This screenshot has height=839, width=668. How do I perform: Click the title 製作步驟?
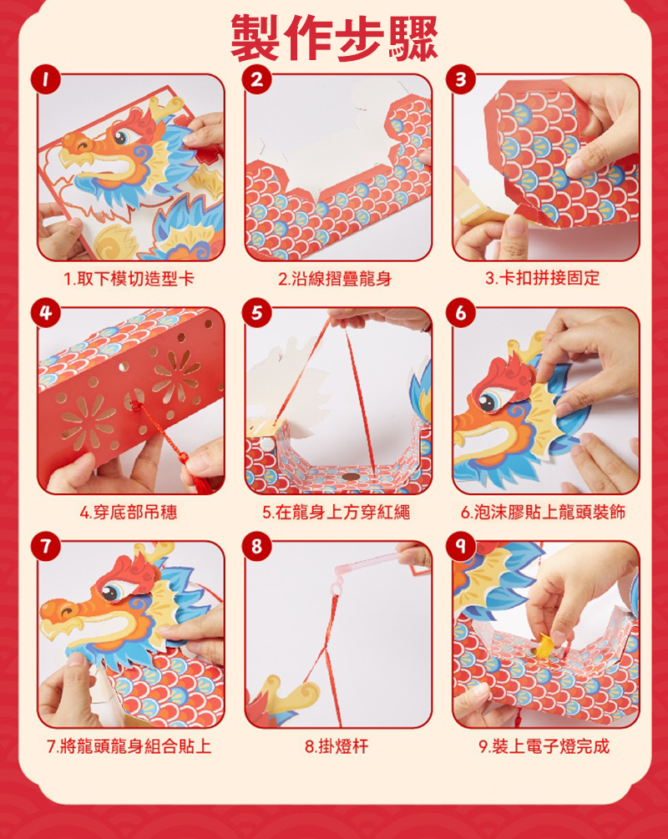[x=334, y=38]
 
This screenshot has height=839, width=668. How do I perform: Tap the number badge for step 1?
[x=45, y=80]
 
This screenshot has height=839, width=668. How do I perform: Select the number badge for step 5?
[x=257, y=312]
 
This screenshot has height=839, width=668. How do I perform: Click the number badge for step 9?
[x=461, y=546]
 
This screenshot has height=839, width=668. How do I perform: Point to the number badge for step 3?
[x=461, y=80]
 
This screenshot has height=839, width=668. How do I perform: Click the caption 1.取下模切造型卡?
[x=129, y=279]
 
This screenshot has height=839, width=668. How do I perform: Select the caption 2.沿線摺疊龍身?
[x=335, y=279]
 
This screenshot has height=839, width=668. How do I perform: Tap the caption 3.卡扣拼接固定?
[x=543, y=278]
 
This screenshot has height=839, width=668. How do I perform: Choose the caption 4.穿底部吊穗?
[x=129, y=513]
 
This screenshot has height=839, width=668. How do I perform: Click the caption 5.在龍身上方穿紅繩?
[x=337, y=513]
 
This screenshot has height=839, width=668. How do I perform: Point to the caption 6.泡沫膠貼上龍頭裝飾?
[x=544, y=513]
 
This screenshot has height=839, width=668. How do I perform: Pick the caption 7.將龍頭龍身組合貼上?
[x=129, y=745]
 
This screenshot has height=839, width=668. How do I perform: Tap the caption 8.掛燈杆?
[x=337, y=745]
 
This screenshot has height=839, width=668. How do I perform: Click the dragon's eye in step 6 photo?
[x=488, y=402]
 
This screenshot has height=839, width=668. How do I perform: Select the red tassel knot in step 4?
[x=136, y=406]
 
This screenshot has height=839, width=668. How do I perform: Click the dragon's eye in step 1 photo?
[x=122, y=136]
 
